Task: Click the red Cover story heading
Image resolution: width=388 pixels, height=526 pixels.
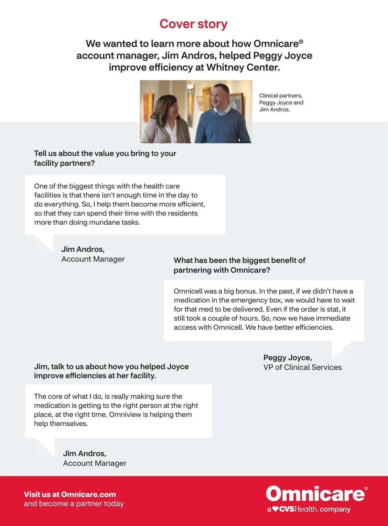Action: (x=193, y=24)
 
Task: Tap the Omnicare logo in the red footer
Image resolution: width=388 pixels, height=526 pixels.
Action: (x=315, y=494)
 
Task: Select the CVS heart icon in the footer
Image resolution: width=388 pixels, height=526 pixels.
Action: (x=275, y=509)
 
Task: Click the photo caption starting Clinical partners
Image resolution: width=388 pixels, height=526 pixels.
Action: (x=281, y=103)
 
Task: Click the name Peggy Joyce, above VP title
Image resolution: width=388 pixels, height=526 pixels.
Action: (x=287, y=357)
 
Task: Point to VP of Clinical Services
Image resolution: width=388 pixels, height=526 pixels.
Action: (x=302, y=367)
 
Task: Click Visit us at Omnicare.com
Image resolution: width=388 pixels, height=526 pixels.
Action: (x=70, y=494)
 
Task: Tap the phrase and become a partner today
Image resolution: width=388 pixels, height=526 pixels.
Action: (x=74, y=504)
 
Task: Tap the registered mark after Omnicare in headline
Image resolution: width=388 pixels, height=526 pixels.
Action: (x=301, y=41)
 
